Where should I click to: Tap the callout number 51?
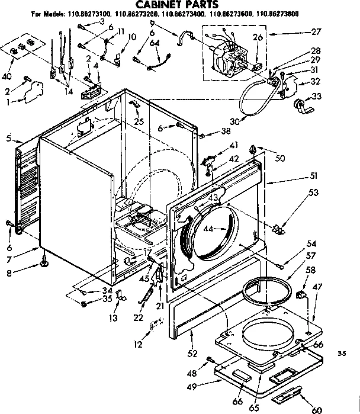[x=313, y=175]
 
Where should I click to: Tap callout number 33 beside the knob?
[x=316, y=97]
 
